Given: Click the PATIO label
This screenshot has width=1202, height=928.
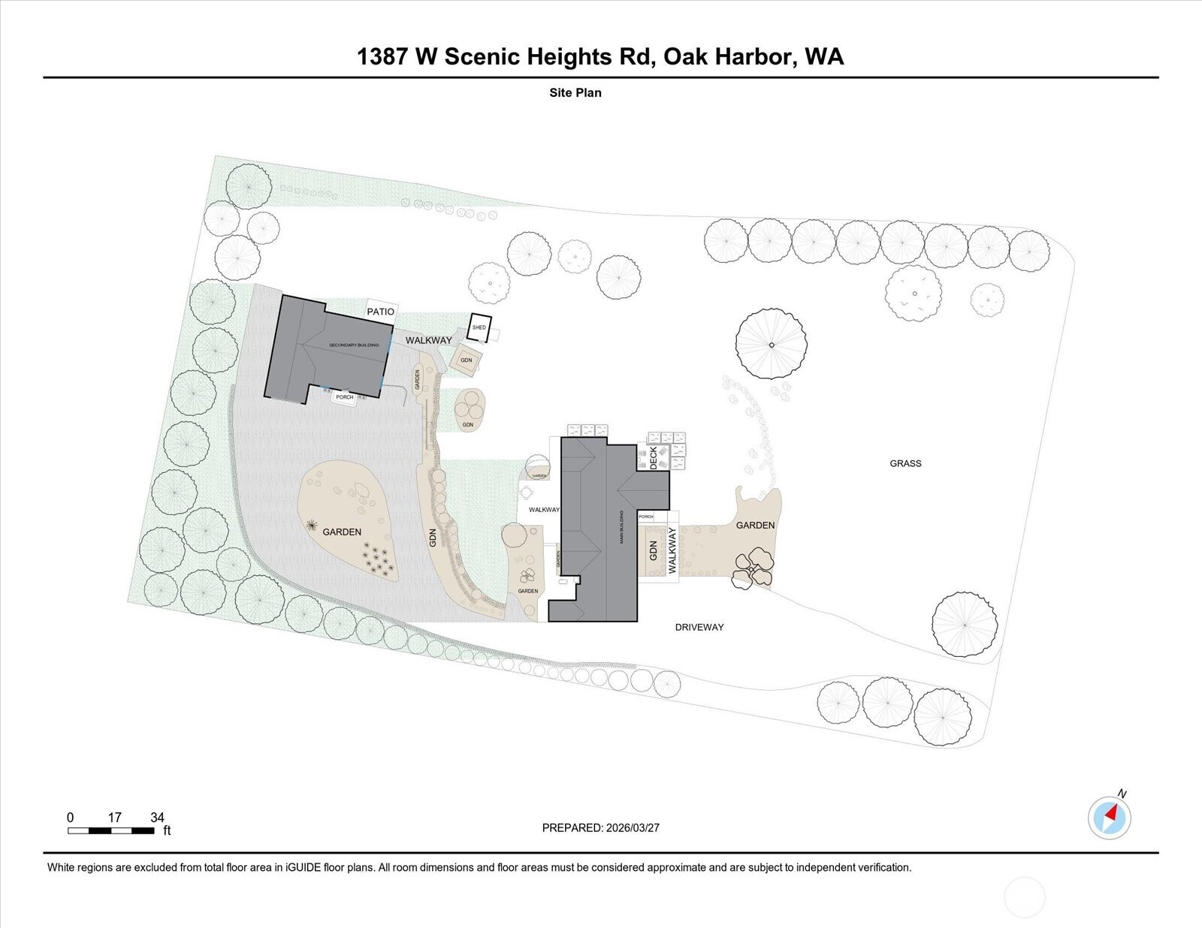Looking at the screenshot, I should pyautogui.click(x=380, y=312).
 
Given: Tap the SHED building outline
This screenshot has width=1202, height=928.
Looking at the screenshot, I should pyautogui.click(x=479, y=327).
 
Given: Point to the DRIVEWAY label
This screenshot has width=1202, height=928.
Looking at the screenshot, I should pyautogui.click(x=699, y=627).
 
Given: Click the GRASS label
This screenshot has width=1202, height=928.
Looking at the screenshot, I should pyautogui.click(x=905, y=463).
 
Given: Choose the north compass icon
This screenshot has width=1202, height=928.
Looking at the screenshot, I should pyautogui.click(x=1110, y=817).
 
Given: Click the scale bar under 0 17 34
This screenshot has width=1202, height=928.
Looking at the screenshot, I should pyautogui.click(x=111, y=830).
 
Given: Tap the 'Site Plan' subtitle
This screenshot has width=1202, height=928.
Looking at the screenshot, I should pyautogui.click(x=575, y=93).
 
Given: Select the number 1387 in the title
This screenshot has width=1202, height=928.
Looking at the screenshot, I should pyautogui.click(x=382, y=57).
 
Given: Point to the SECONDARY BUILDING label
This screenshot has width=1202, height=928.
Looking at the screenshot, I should pyautogui.click(x=354, y=345).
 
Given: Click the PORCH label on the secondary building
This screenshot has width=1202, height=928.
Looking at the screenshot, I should pyautogui.click(x=344, y=397).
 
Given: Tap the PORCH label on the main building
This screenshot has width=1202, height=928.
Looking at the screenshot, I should pyautogui.click(x=645, y=517).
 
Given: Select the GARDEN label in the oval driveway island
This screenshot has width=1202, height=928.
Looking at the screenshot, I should pyautogui.click(x=342, y=532).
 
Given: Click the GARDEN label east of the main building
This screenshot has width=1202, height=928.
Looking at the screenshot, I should pyautogui.click(x=755, y=526).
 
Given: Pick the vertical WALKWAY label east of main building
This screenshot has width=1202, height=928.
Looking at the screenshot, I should pyautogui.click(x=672, y=550).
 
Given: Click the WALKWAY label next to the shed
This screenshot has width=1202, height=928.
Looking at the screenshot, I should pyautogui.click(x=428, y=340).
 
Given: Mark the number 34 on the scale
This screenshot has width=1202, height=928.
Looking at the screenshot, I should pyautogui.click(x=157, y=818).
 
